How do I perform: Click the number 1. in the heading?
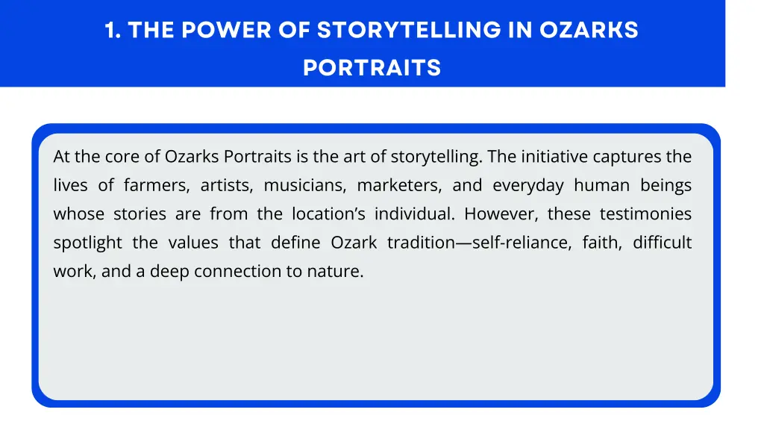pyautogui.click(x=113, y=31)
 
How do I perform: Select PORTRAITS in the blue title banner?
pyautogui.click(x=372, y=69)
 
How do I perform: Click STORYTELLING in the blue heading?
pyautogui.click(x=408, y=31)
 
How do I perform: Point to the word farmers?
pyautogui.click(x=152, y=186)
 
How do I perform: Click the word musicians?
pyautogui.click(x=304, y=186)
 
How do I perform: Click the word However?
pyautogui.click(x=501, y=214)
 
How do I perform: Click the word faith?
pyautogui.click(x=600, y=243)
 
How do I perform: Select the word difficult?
pyautogui.click(x=663, y=243)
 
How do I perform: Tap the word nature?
pyautogui.click(x=335, y=271)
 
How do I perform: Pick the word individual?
pyautogui.click(x=414, y=214)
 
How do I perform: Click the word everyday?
pyautogui.click(x=527, y=186)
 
